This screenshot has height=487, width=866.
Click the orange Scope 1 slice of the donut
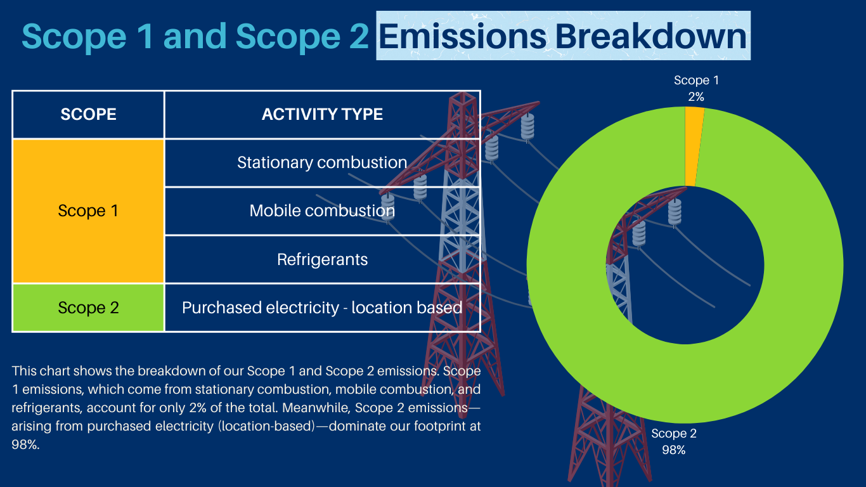point(694,147)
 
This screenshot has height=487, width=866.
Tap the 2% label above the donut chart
point(696,97)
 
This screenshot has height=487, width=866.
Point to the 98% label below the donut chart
point(673,450)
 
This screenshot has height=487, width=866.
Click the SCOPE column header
point(88,115)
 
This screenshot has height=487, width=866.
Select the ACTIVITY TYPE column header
point(322,115)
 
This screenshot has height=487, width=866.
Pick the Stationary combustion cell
point(322,163)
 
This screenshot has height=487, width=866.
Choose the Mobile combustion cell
point(322,211)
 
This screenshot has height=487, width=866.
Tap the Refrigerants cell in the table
point(322,259)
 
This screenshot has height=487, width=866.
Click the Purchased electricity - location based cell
point(322,308)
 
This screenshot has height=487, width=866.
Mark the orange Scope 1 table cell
point(88,211)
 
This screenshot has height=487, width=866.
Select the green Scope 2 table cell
point(88,308)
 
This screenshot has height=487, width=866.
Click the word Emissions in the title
point(463,36)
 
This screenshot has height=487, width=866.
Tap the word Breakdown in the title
point(651,36)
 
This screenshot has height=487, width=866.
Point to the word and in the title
point(195,36)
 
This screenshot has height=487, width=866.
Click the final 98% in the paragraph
point(25,445)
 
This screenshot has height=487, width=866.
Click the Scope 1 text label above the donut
point(696,80)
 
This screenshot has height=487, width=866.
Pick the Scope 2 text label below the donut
point(674,434)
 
